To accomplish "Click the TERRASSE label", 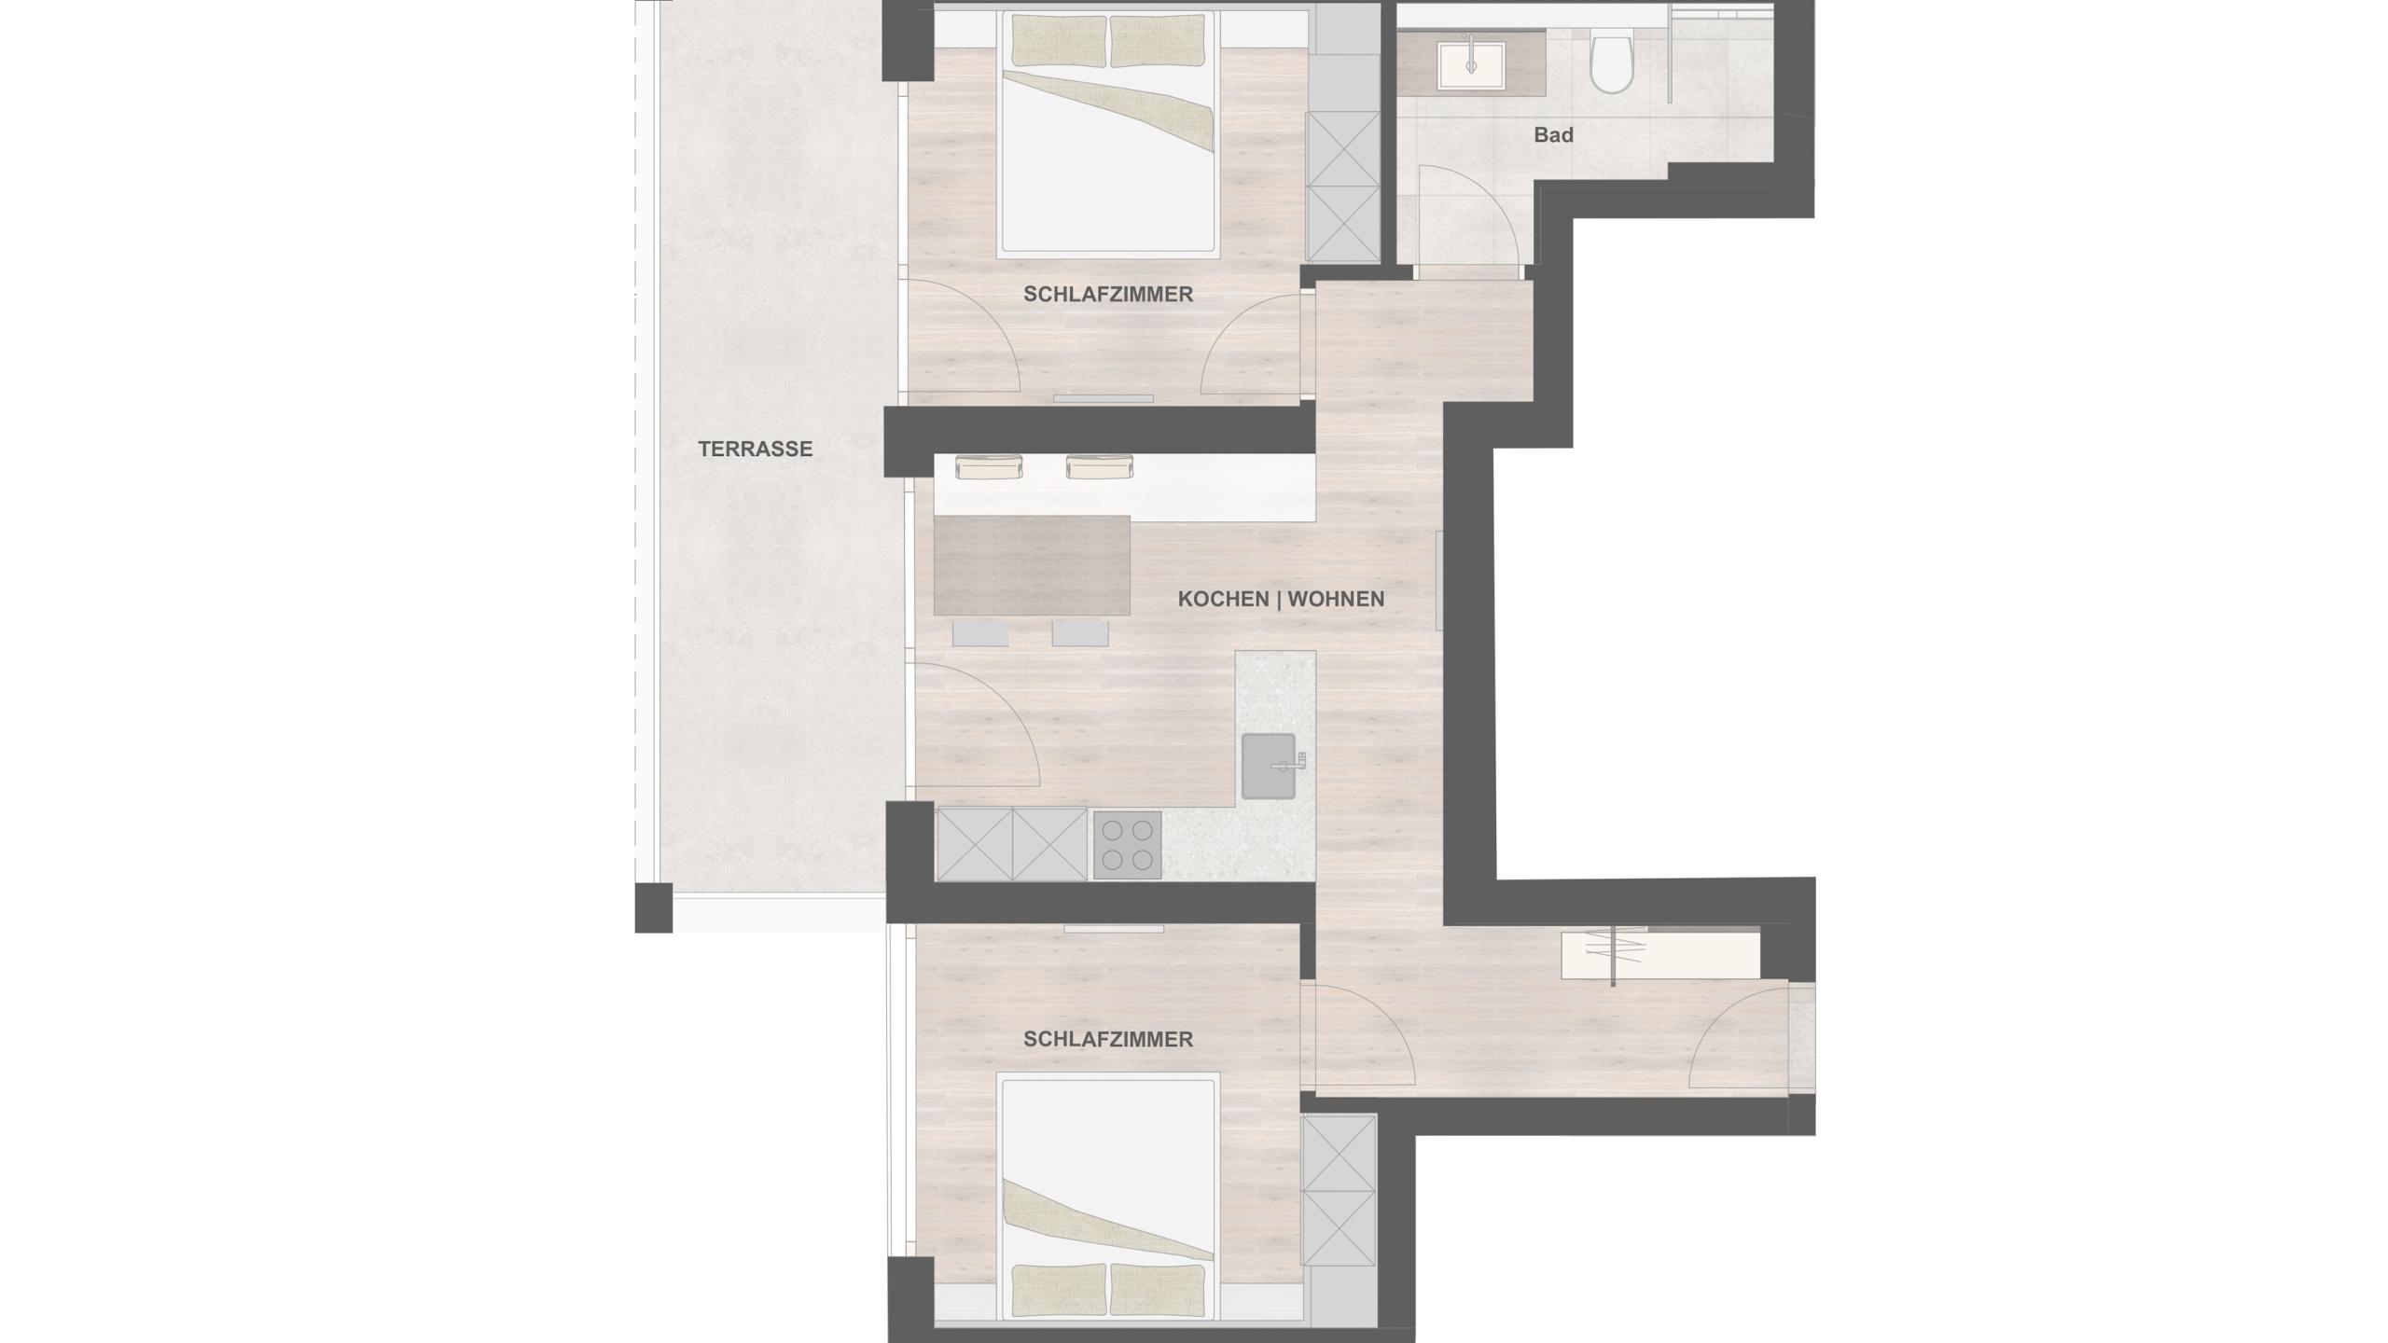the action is pyautogui.click(x=755, y=449).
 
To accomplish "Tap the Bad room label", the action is pyautogui.click(x=1553, y=135).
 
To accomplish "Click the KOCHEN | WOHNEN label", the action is pyautogui.click(x=1281, y=599).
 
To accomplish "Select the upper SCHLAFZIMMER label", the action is pyautogui.click(x=1108, y=294).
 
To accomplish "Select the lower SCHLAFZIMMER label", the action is pyautogui.click(x=1108, y=1039).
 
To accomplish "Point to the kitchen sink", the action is pyautogui.click(x=1270, y=766).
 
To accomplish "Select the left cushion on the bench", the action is pyautogui.click(x=989, y=465).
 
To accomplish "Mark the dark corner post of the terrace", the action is pyautogui.click(x=653, y=907).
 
